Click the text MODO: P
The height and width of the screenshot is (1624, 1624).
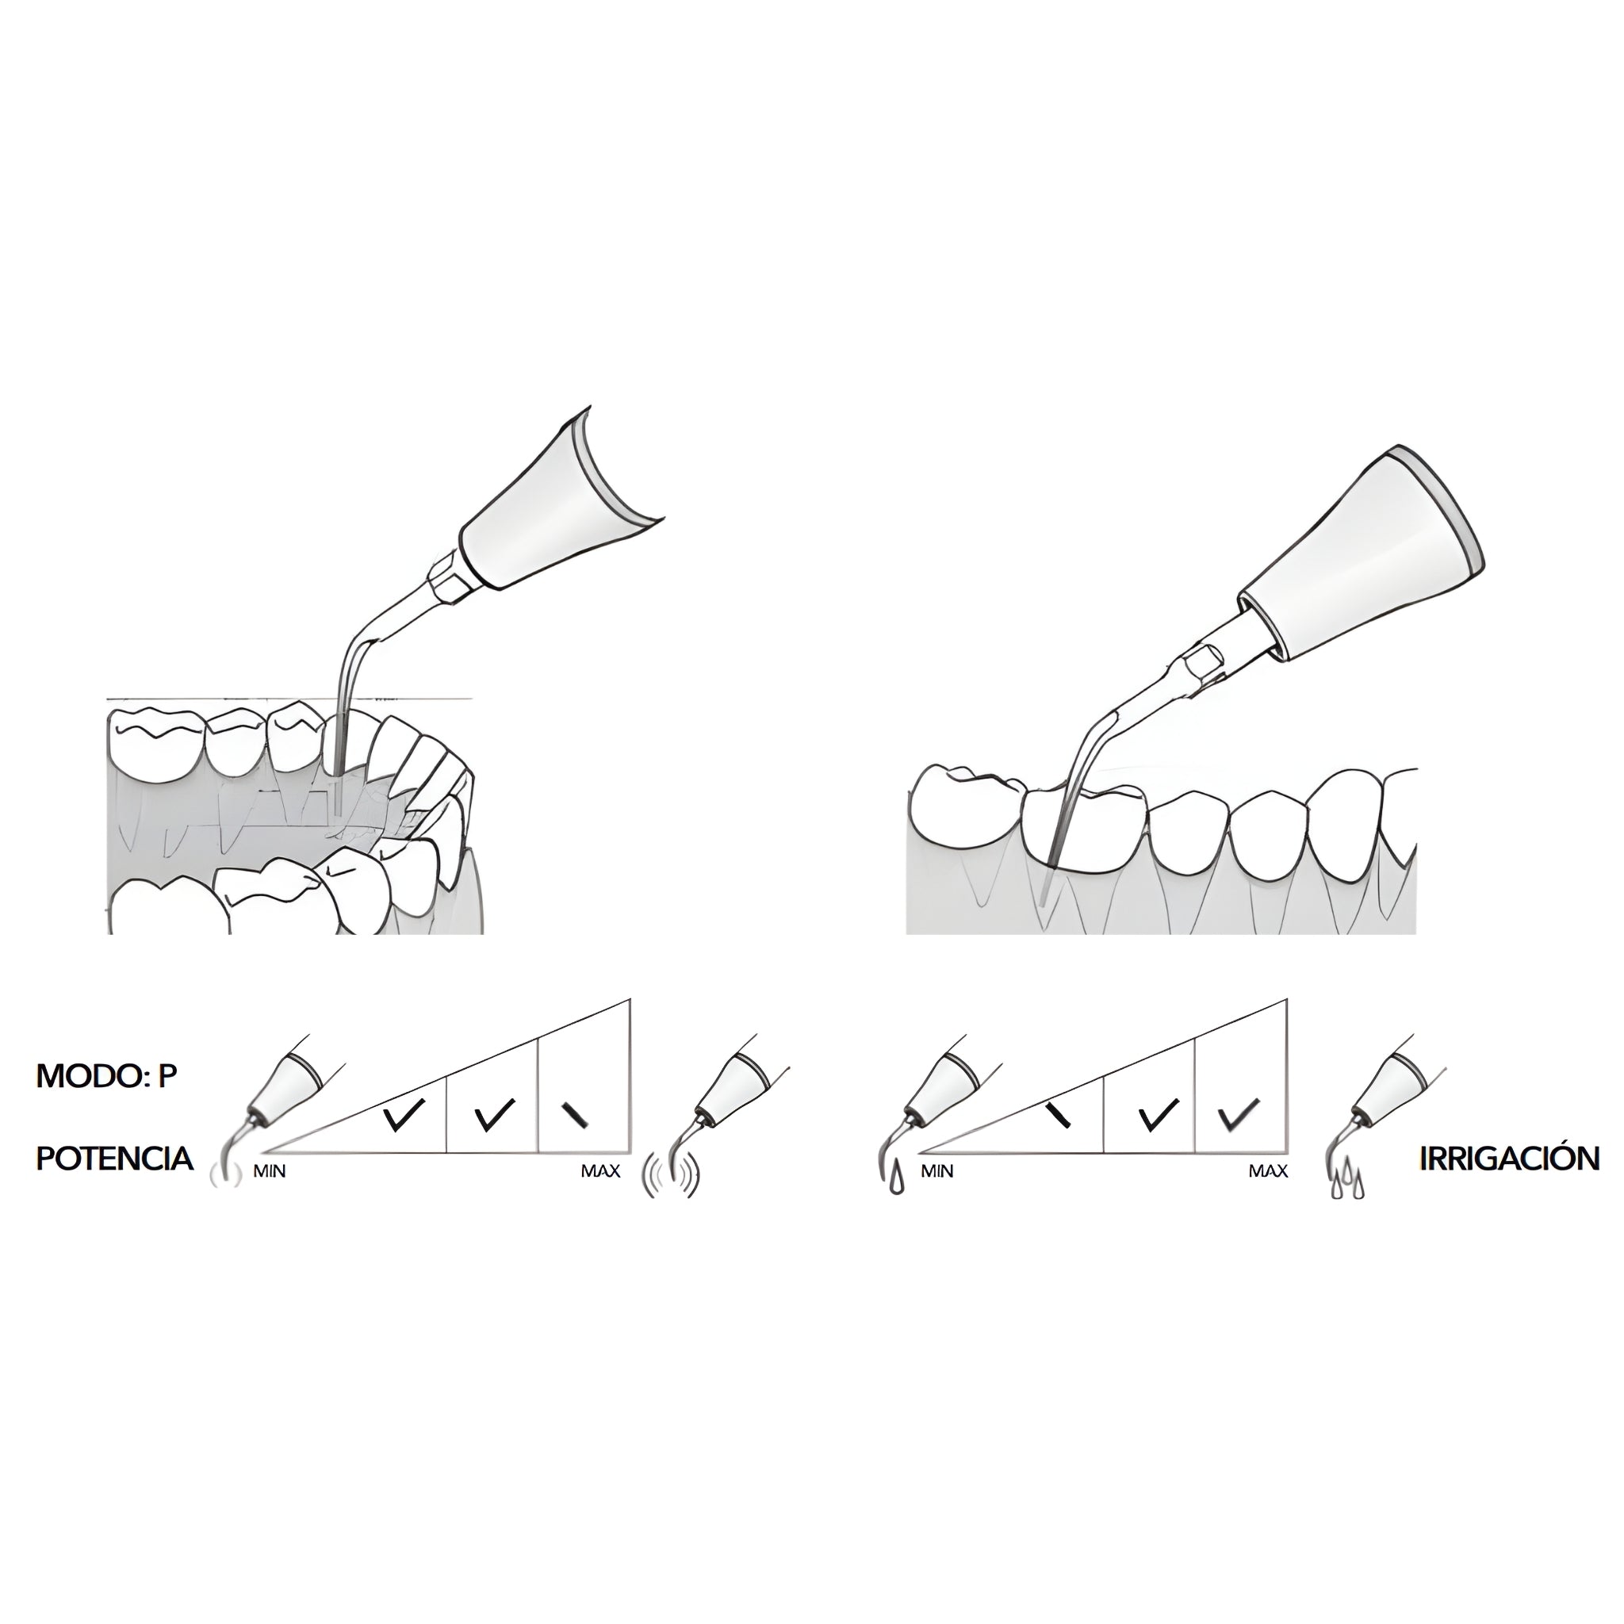coord(107,1077)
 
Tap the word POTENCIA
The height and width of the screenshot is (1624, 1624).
coord(114,1159)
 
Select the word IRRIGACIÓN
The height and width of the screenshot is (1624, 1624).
coord(1510,1159)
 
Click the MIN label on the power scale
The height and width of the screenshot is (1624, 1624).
coord(270,1172)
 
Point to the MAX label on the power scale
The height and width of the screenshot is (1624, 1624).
coord(600,1172)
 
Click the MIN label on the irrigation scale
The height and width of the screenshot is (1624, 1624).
coord(937,1172)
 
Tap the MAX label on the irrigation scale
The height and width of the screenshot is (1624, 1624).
coord(1269,1172)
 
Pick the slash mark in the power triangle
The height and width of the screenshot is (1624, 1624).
coord(576,1114)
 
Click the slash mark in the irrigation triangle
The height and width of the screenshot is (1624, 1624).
coord(1060,1114)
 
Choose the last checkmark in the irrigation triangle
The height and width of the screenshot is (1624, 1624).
coord(1238,1115)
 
